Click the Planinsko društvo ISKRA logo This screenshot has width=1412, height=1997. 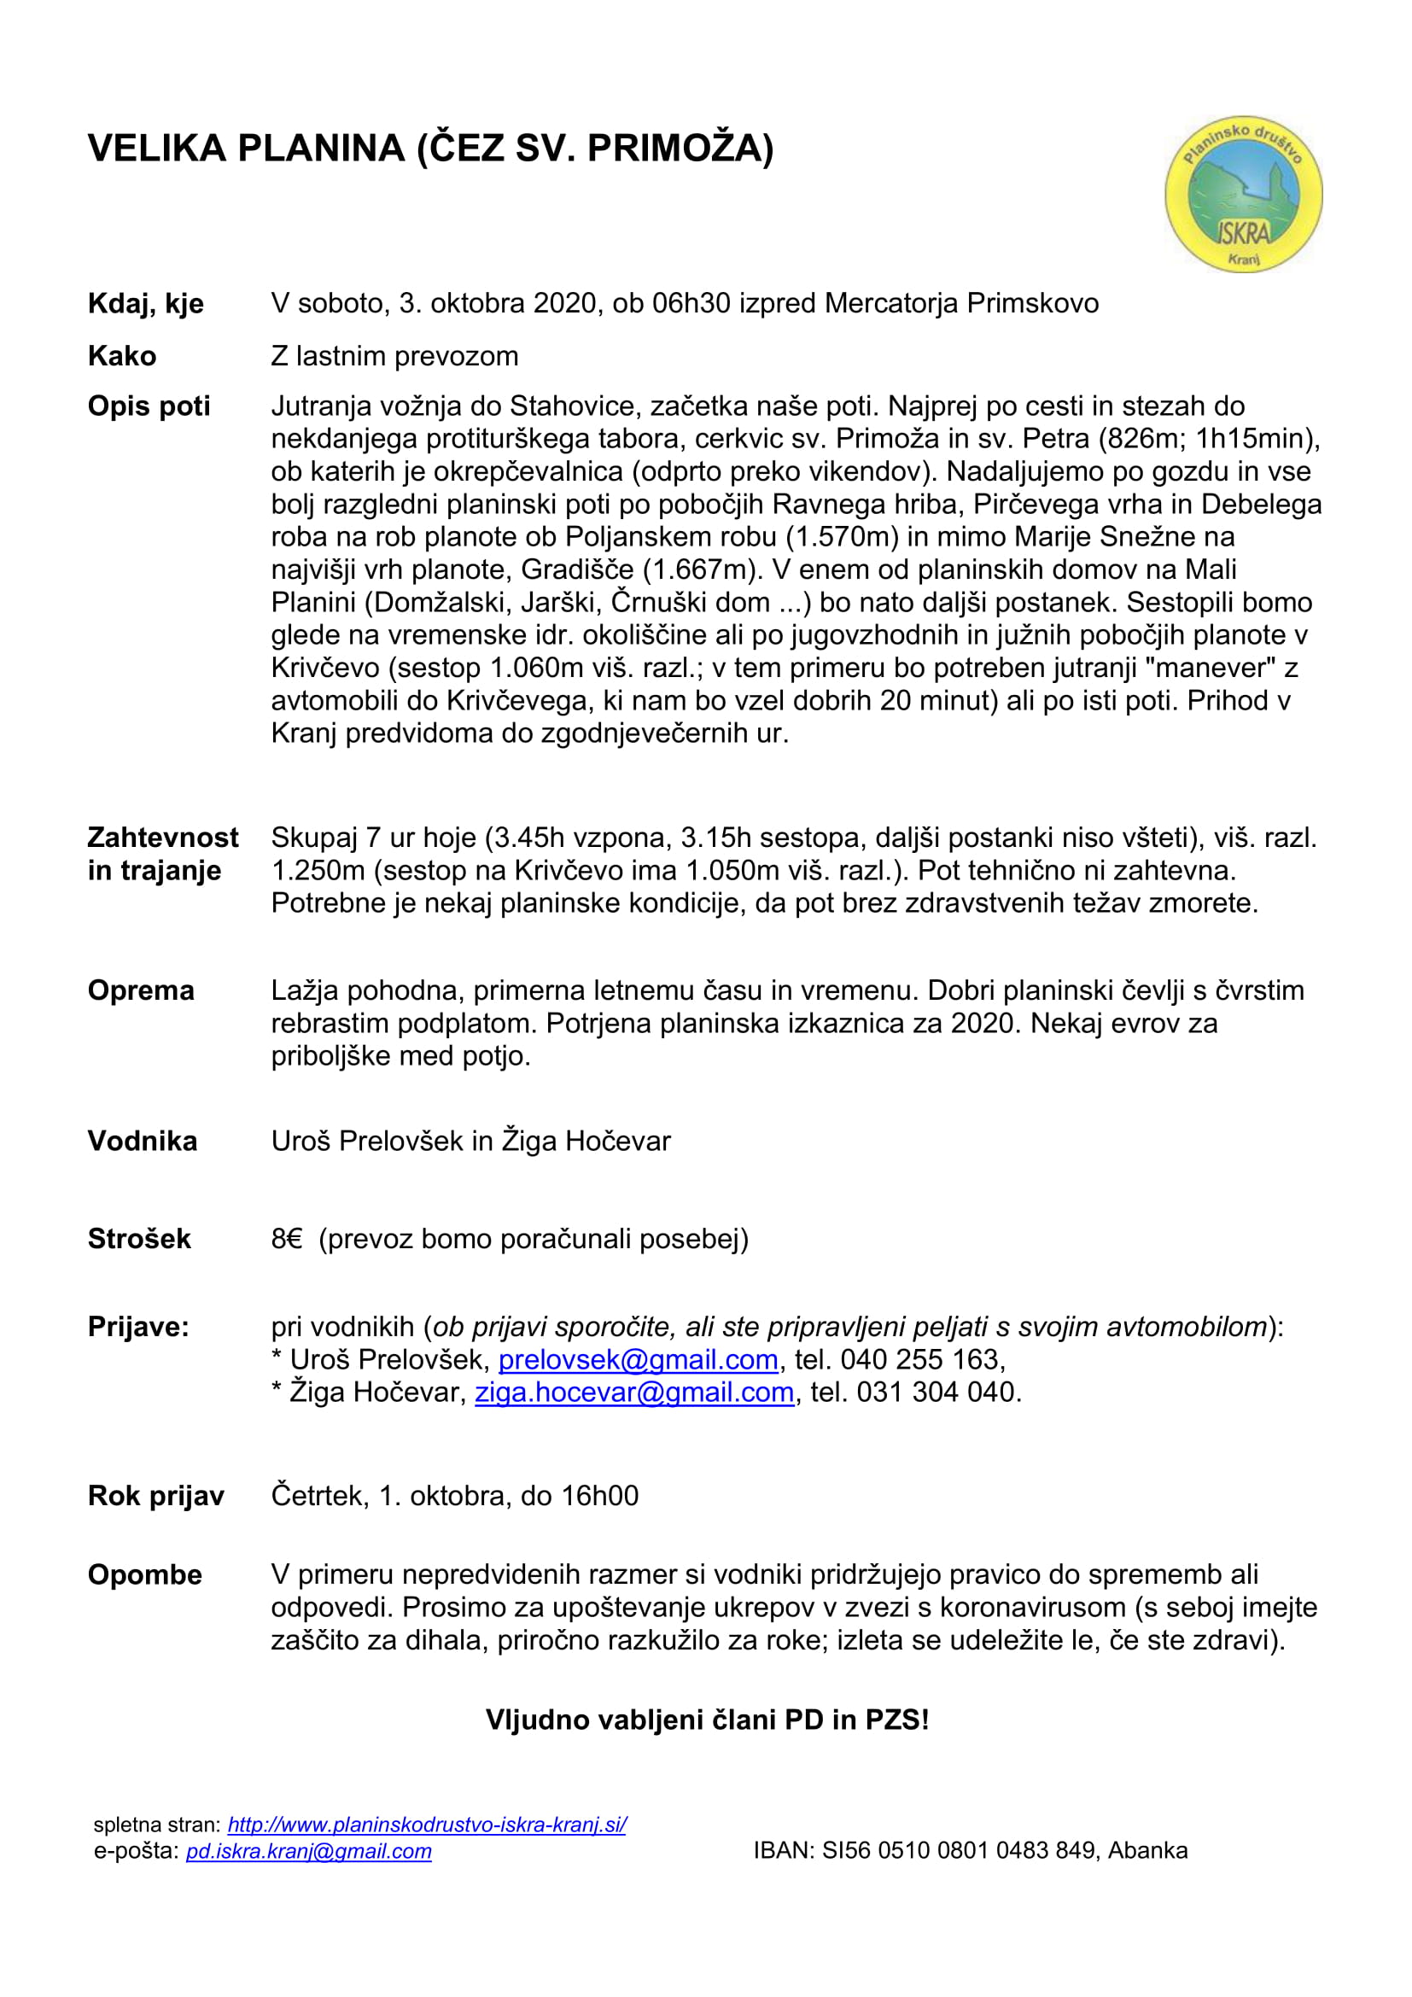coord(1243,193)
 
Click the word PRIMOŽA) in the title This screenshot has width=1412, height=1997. coord(680,149)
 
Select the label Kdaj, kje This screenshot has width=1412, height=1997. coord(145,304)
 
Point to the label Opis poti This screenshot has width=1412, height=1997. coord(149,406)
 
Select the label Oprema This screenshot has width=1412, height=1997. coord(141,990)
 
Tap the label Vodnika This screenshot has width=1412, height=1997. coord(143,1141)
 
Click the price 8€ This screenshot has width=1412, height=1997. coord(286,1239)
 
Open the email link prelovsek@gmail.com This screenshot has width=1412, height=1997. coord(638,1359)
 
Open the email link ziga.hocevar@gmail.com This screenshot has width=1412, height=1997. coord(633,1393)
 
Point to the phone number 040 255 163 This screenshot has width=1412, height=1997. coord(922,1359)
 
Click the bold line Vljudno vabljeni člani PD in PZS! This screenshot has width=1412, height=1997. coord(707,1720)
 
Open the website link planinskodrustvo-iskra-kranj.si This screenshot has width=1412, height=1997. coord(427,1825)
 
